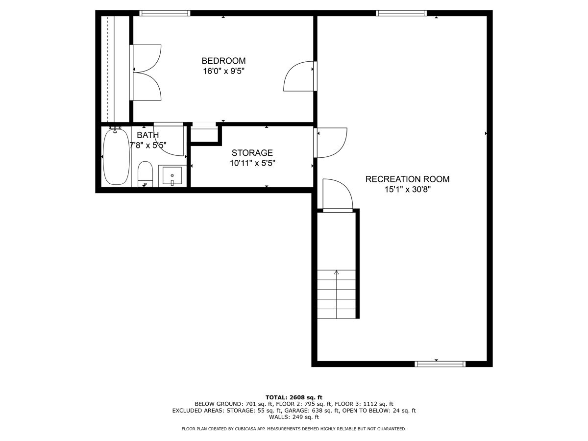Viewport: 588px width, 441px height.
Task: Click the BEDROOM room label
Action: point(223,61)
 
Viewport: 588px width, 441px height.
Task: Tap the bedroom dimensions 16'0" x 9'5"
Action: point(223,71)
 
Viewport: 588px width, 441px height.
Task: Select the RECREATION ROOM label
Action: point(408,179)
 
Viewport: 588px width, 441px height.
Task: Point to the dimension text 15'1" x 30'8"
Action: point(408,190)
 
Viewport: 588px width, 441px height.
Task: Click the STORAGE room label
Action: point(252,152)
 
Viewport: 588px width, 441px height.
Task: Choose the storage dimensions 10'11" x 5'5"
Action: point(252,163)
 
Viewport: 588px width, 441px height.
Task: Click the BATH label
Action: point(147,135)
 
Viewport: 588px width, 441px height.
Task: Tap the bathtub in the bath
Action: point(116,157)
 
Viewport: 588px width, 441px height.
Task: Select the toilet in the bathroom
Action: point(145,174)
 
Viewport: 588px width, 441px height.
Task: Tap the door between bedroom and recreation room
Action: point(299,76)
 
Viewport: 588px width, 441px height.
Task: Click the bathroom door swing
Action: point(169,140)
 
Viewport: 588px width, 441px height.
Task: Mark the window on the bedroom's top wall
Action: point(165,13)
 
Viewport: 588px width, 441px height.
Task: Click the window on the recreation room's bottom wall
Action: point(440,364)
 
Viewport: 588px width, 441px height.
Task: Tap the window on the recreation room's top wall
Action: point(401,13)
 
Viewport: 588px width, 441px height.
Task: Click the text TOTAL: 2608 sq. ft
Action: point(294,397)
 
